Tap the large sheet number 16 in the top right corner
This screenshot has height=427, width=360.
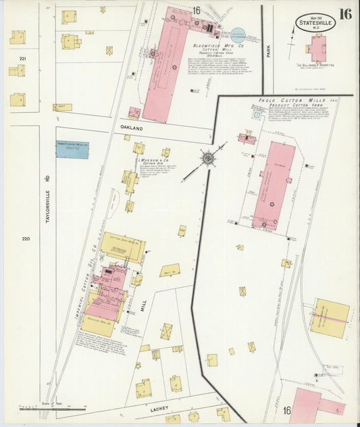tap(345, 14)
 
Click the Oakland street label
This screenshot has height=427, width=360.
tap(132, 128)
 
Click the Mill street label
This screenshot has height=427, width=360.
tap(143, 305)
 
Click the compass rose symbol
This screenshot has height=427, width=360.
tap(208, 158)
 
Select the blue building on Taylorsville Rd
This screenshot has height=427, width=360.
tap(72, 149)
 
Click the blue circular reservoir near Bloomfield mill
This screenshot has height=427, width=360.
tap(238, 33)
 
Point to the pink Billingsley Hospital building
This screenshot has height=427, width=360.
tap(317, 49)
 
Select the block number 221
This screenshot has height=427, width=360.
tap(23, 59)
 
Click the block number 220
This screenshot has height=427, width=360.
tap(26, 238)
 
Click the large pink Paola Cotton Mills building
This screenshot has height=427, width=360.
tap(274, 185)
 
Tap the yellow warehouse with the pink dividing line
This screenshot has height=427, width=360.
tap(330, 318)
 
